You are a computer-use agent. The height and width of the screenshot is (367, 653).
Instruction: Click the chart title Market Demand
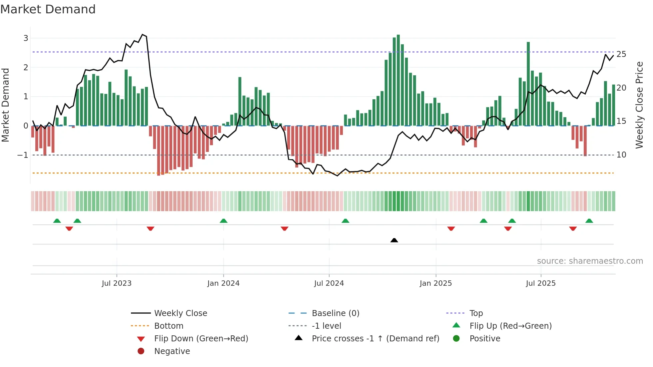click(48, 9)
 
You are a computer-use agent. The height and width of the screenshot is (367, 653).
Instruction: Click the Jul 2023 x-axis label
click(117, 283)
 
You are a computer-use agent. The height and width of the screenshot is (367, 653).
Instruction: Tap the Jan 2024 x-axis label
click(223, 283)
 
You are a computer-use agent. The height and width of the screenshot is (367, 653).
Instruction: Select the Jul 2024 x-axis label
click(329, 283)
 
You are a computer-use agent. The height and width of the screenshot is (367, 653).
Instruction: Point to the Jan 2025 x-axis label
click(435, 283)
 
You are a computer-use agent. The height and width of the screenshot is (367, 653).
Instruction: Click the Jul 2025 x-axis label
click(541, 283)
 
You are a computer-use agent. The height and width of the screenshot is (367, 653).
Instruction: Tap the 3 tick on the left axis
click(26, 38)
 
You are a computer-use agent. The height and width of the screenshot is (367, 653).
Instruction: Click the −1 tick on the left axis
click(23, 155)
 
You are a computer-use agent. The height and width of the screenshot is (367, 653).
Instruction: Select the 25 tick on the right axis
click(621, 54)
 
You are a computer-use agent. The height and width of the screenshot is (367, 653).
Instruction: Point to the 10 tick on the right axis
click(621, 155)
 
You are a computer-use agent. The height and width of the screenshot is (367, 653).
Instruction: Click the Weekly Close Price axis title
click(639, 105)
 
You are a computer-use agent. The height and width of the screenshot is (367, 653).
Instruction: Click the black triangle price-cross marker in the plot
click(394, 240)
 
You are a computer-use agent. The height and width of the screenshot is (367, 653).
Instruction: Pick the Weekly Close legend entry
click(180, 313)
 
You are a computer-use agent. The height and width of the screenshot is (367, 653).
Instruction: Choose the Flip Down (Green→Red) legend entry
click(201, 339)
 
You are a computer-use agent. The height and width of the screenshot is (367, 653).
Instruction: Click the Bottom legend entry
click(169, 326)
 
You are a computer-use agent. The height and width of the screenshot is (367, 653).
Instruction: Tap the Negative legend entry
click(172, 351)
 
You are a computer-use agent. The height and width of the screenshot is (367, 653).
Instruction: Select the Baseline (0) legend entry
click(335, 313)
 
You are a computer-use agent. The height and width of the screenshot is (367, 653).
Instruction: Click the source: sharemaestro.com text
click(590, 261)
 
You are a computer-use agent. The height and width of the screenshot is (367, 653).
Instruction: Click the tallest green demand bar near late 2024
click(398, 80)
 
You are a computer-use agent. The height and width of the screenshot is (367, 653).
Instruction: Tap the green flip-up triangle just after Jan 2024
click(224, 221)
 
